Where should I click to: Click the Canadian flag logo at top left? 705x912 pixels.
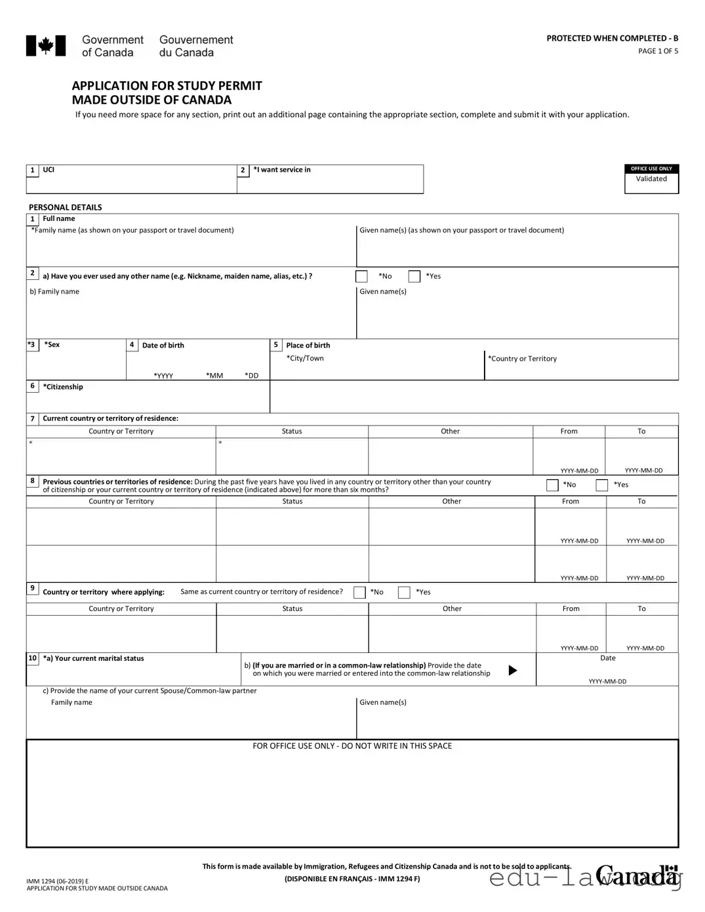coord(46,46)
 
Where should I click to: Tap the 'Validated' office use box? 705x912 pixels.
coord(651,183)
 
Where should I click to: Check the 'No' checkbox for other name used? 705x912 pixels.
coord(361,277)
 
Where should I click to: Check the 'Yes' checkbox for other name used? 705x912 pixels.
coord(414,277)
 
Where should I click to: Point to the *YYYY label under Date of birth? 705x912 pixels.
coord(163,376)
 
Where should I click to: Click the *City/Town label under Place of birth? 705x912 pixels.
coord(305,359)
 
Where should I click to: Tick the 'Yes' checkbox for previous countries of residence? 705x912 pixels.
coord(601,485)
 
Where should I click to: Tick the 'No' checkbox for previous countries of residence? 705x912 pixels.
coord(552,485)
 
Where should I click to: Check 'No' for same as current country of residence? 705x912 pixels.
coord(359,593)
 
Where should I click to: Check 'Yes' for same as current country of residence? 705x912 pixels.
coord(404,593)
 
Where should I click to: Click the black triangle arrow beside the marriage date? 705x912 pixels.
coord(513,670)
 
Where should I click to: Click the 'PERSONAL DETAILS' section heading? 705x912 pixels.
coord(66,207)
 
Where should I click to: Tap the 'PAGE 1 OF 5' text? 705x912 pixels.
coord(658,51)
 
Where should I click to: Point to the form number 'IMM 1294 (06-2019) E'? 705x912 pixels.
coord(58,881)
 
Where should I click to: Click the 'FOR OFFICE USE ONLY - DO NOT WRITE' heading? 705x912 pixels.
coord(352,746)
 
